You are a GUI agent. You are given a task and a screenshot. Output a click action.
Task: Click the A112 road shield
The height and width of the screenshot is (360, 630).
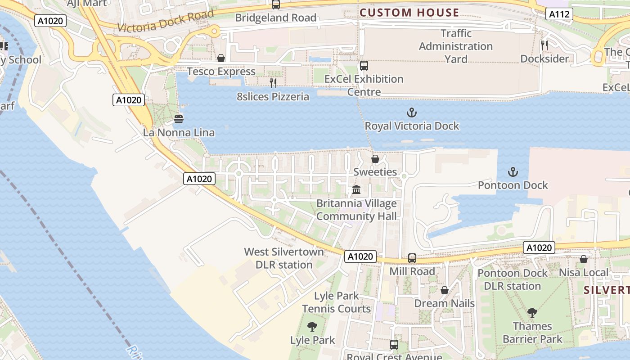click(560, 14)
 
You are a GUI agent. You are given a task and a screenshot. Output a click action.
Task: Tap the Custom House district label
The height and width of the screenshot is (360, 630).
click(409, 13)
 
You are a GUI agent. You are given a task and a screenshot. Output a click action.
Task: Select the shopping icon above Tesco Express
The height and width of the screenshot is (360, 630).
click(221, 58)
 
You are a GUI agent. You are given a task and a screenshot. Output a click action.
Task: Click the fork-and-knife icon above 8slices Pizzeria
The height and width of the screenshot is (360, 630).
click(273, 83)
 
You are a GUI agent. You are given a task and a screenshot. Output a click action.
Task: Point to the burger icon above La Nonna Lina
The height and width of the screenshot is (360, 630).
click(179, 119)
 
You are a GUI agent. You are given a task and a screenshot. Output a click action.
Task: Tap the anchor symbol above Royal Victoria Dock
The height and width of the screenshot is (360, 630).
click(411, 112)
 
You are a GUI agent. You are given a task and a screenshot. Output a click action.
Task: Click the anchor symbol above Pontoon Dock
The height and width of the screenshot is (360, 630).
click(513, 171)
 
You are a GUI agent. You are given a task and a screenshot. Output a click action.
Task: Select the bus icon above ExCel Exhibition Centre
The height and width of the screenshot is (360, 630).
click(364, 66)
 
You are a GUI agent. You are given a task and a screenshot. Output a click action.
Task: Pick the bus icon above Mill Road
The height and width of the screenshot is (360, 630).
click(412, 258)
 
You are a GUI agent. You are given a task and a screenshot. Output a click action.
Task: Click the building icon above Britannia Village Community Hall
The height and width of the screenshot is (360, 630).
click(356, 190)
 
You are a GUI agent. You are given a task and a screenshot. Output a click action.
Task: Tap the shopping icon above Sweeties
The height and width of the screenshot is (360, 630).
click(375, 159)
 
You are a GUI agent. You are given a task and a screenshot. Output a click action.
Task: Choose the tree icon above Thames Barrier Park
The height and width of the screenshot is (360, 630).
click(532, 313)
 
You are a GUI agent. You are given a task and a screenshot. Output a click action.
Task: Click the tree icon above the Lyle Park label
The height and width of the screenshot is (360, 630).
click(312, 327)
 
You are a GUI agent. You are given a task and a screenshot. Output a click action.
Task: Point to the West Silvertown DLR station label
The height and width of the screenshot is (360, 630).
click(284, 258)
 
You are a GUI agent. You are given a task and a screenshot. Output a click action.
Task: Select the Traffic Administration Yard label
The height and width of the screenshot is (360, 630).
click(456, 46)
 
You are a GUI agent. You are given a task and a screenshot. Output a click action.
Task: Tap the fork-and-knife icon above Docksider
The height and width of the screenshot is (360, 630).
click(544, 45)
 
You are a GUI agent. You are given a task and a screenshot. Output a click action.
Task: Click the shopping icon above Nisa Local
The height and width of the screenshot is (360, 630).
click(584, 259)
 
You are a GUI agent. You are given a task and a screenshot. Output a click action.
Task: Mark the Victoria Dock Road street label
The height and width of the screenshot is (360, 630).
click(165, 21)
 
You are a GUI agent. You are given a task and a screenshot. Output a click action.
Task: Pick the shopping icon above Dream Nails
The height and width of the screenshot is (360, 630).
click(444, 290)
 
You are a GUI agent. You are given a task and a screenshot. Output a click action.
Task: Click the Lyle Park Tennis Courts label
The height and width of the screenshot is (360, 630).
click(337, 302)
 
